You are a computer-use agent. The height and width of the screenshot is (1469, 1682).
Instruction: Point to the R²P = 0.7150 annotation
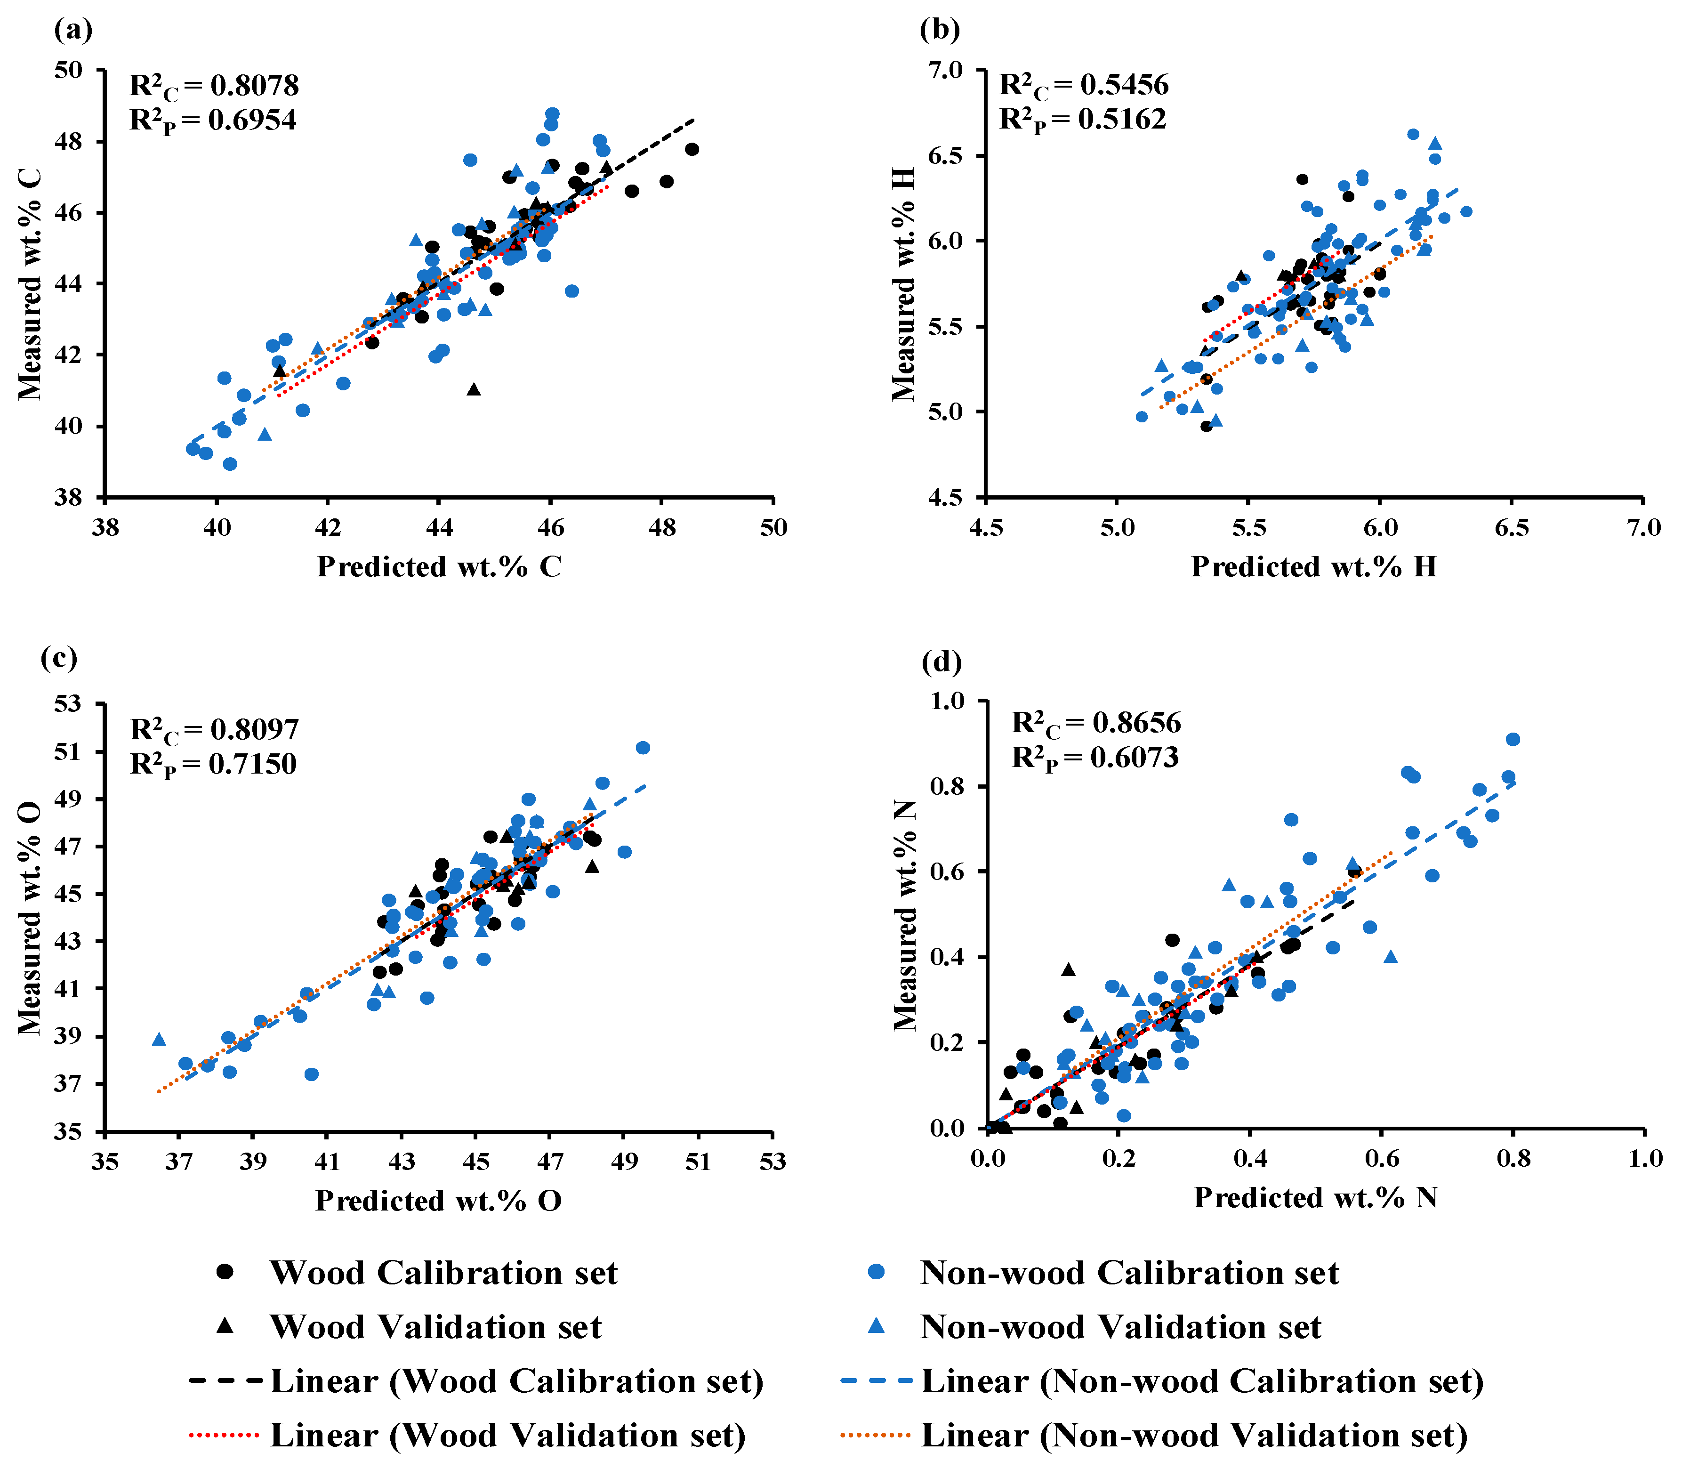(x=213, y=765)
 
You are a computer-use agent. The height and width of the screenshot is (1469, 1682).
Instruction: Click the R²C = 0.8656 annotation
(x=1096, y=723)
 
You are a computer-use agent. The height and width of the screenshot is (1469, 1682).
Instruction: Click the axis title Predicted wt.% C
(x=439, y=566)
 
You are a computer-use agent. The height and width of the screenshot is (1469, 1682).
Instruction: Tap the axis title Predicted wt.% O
(x=439, y=1201)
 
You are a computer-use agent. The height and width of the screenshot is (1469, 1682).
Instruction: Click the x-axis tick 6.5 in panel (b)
(x=1512, y=527)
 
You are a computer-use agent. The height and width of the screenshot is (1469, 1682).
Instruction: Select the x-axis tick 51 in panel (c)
(x=699, y=1162)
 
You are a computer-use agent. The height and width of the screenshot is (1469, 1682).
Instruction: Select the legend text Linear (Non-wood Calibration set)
(x=1202, y=1381)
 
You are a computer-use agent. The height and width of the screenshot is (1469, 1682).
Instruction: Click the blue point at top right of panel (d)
(x=1513, y=739)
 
